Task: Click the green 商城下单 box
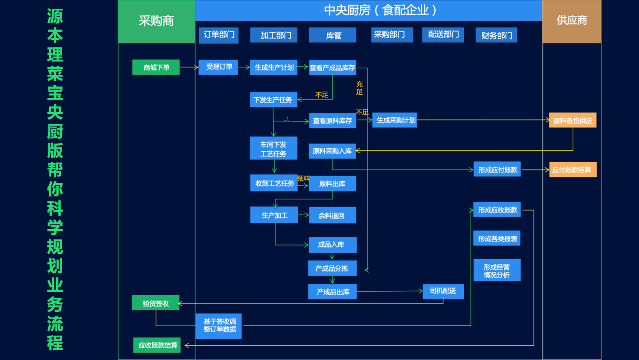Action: tap(156, 67)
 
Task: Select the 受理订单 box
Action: tap(218, 67)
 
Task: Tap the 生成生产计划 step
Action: tap(273, 67)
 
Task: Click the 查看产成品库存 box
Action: tap(332, 68)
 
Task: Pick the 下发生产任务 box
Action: tap(273, 100)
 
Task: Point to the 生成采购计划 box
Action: tap(395, 120)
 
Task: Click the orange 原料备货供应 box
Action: tap(572, 120)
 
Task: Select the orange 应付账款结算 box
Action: tap(572, 170)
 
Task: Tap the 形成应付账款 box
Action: tap(497, 170)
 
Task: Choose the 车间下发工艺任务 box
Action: tap(273, 148)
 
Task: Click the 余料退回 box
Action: tap(332, 215)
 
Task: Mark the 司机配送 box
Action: tap(443, 291)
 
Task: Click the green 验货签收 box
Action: tap(156, 303)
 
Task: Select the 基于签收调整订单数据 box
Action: tap(219, 326)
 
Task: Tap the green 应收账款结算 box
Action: tap(157, 345)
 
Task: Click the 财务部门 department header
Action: tap(496, 35)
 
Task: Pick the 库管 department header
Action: tap(332, 35)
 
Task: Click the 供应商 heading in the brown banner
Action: tap(572, 20)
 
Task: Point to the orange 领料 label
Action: tap(303, 178)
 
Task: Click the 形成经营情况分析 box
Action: tap(496, 270)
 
